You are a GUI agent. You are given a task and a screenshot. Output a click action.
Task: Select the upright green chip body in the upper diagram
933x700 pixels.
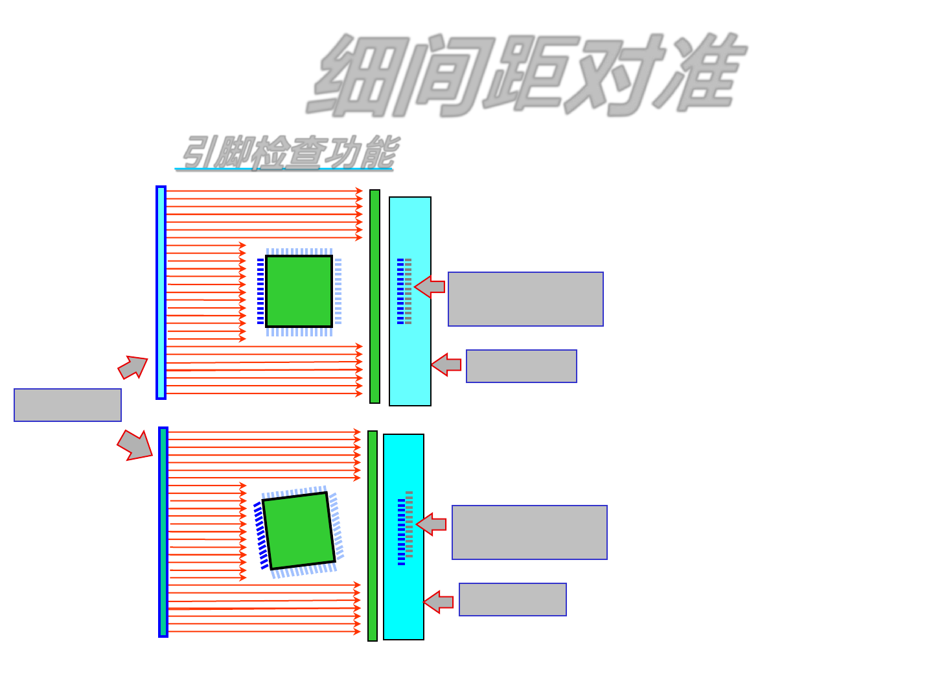(x=299, y=291)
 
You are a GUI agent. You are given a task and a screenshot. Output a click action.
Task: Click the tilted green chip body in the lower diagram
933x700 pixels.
(x=299, y=530)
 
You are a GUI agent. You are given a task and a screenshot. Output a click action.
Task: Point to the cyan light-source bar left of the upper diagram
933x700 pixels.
(x=161, y=292)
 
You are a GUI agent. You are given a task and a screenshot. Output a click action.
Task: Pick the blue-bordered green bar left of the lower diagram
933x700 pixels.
(x=163, y=531)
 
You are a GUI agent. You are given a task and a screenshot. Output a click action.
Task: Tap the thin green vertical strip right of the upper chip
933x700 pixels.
(x=374, y=296)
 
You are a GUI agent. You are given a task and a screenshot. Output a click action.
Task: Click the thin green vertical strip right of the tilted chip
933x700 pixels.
(x=373, y=535)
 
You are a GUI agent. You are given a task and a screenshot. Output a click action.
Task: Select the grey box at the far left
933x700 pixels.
(x=68, y=405)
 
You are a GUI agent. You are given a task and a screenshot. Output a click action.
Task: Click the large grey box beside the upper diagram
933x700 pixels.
(x=525, y=299)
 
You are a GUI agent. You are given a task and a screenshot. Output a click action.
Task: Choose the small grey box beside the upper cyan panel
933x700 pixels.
(x=522, y=366)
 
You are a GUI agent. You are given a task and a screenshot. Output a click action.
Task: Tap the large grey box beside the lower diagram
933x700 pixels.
(x=529, y=532)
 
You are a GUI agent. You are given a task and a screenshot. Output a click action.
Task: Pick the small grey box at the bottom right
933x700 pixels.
(x=513, y=600)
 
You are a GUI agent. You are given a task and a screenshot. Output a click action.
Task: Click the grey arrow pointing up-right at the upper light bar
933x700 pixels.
(x=133, y=367)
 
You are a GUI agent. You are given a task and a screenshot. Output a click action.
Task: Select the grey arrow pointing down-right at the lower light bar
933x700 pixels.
(x=135, y=445)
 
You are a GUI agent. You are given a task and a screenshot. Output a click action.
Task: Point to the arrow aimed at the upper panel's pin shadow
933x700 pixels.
(x=430, y=286)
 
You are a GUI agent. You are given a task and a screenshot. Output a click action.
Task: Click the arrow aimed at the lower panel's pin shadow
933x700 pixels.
(x=431, y=524)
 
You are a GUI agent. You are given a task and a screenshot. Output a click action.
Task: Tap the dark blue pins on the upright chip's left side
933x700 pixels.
(x=260, y=291)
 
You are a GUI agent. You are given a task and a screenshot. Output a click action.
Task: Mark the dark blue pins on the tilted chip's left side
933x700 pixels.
(x=260, y=535)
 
